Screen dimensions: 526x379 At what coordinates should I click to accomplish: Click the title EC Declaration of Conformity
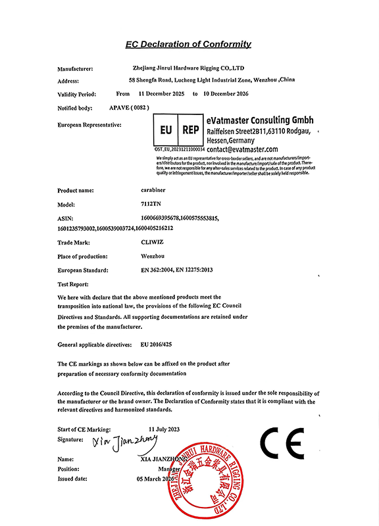click(x=189, y=44)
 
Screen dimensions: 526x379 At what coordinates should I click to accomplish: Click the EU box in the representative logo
click(x=165, y=130)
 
